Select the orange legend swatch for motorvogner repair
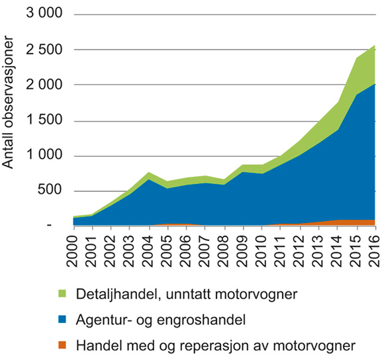pyautogui.click(x=62, y=345)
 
